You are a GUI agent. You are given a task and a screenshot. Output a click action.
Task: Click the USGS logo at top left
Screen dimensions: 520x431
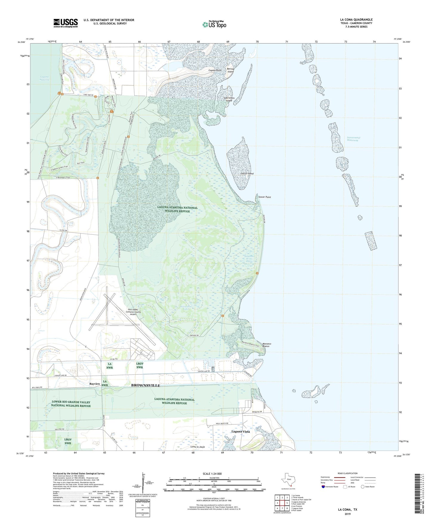(x=66, y=23)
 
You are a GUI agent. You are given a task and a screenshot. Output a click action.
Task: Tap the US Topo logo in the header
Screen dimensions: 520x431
(x=214, y=24)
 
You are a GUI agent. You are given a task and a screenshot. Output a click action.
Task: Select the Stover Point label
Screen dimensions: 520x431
(x=265, y=197)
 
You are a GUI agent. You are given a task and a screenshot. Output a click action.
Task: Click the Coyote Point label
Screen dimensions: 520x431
(x=215, y=71)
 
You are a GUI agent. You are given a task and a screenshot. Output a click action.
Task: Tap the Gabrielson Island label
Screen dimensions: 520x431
(x=229, y=99)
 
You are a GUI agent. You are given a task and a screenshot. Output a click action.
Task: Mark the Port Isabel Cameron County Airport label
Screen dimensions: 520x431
(x=135, y=312)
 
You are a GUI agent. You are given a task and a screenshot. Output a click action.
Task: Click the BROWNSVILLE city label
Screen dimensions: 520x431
(x=146, y=385)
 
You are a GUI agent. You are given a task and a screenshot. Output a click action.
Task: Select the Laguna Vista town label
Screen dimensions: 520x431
(x=241, y=432)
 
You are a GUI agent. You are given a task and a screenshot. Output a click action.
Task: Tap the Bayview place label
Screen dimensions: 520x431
(x=95, y=384)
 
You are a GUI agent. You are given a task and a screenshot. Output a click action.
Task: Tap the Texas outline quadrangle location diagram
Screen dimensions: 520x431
(x=288, y=481)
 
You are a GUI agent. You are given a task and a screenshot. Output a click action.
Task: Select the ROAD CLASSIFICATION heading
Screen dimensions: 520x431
(x=347, y=473)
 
